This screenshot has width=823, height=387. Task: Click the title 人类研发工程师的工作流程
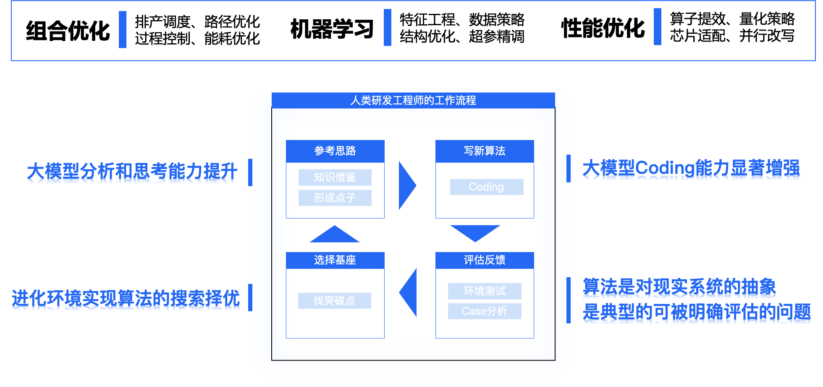(413, 101)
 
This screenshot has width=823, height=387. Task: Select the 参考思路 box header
(335, 151)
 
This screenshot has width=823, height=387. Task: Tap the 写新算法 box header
(485, 151)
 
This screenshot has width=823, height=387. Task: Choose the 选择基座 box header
(335, 260)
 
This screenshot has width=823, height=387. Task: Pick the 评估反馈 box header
(485, 260)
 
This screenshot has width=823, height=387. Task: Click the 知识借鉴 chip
(335, 178)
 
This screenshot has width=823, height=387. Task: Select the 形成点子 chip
(335, 198)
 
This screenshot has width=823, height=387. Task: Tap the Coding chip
(487, 187)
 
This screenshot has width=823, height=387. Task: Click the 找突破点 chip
(335, 301)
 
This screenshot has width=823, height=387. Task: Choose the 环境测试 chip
(485, 291)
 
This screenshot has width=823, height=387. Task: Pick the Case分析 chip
(485, 311)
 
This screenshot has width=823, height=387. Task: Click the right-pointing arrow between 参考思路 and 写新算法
(406, 185)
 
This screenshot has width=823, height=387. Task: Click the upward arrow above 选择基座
(335, 235)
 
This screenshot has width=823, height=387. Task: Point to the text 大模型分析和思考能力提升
(132, 173)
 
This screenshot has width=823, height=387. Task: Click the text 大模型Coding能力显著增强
(691, 170)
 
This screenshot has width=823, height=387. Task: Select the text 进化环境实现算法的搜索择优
(126, 300)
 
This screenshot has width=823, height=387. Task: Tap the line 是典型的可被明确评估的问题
(697, 314)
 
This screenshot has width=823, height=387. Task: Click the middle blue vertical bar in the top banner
(388, 27)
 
